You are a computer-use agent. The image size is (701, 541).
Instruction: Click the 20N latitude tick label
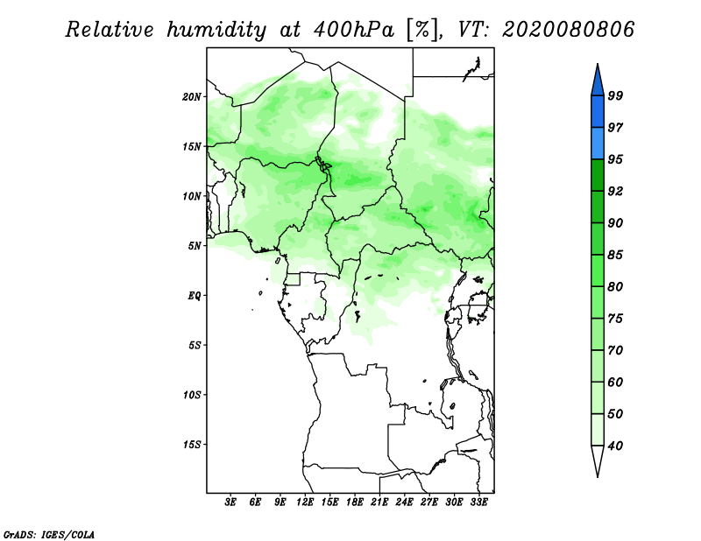click(x=192, y=96)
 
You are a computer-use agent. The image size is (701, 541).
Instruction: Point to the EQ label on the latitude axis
click(x=195, y=295)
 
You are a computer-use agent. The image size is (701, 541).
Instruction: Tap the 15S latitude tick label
click(x=192, y=444)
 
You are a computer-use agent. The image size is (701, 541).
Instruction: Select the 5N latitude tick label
click(x=195, y=246)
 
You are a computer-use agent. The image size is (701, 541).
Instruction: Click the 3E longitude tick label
click(x=230, y=502)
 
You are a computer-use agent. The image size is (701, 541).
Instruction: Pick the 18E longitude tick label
click(x=355, y=502)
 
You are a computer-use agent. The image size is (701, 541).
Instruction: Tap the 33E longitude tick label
click(x=478, y=502)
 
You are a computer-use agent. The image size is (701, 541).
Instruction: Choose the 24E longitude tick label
click(x=405, y=502)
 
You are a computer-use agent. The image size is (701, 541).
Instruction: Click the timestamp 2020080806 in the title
click(x=569, y=30)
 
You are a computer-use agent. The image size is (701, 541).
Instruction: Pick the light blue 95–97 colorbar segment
click(x=598, y=143)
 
